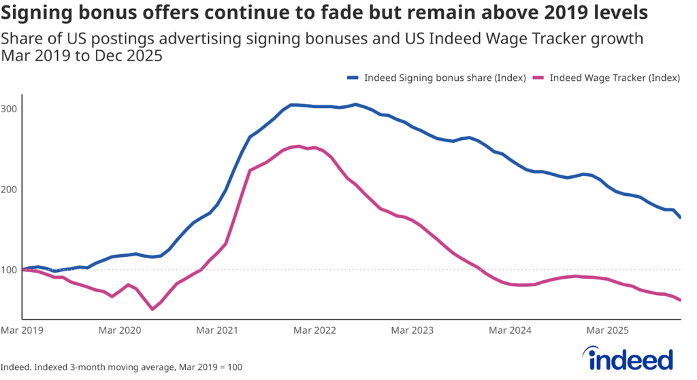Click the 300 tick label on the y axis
pos(10,109)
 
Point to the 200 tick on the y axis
pos(10,189)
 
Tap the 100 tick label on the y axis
pos(10,270)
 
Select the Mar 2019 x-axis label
pos(22,330)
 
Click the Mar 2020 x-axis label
pos(119,330)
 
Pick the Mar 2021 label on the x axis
pos(217,330)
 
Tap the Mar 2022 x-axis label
pos(314,330)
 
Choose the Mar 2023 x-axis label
pos(412,330)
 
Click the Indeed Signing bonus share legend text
pos(445,77)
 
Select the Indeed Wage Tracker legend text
pos(615,77)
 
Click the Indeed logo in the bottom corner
pos(627,358)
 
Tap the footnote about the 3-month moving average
pos(123,367)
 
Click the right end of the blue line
pos(680,218)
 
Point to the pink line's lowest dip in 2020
pos(152,309)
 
